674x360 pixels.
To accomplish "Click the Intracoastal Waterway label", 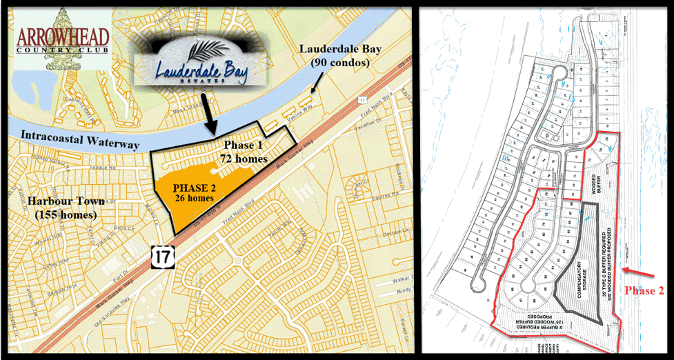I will click(80, 139).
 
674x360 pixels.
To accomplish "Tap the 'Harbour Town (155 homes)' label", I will click(66, 208).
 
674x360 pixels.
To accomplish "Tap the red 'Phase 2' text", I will click(644, 291).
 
